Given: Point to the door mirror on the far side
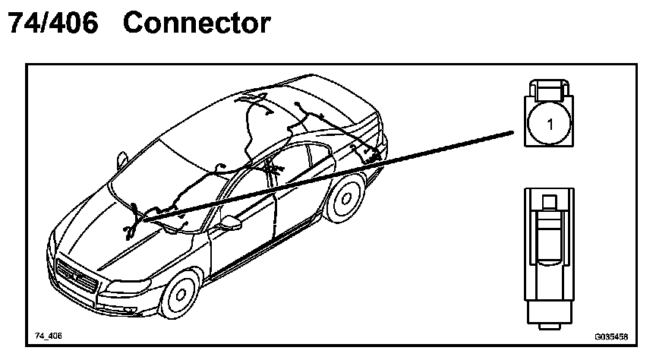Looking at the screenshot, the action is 121,160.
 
